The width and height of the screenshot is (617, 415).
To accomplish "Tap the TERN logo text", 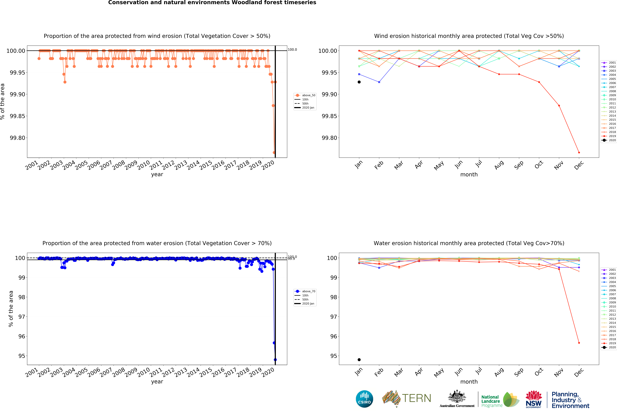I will point(417,398).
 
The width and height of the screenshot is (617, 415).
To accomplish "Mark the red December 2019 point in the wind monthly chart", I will point(579,152).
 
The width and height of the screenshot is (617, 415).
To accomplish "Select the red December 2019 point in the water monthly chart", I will point(579,343).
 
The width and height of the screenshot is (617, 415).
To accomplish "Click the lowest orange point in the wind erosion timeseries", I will point(274,152).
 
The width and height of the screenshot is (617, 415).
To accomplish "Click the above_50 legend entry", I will point(308,95).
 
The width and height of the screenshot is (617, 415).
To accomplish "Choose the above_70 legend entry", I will point(308,291).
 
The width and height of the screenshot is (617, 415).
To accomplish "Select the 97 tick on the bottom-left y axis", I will point(22,317).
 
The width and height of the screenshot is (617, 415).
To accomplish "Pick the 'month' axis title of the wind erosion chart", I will point(469,174).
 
